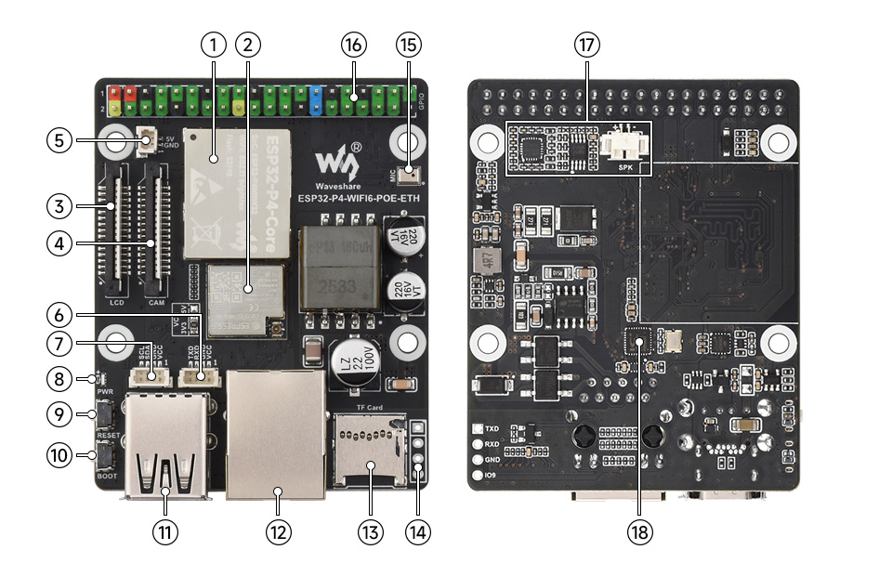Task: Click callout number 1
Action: tap(215, 44)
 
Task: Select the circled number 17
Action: tap(586, 44)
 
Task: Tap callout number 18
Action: tap(639, 532)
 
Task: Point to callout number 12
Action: tap(278, 532)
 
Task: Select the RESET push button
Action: tap(106, 412)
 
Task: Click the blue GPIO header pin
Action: tap(316, 98)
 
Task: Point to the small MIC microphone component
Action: tap(412, 173)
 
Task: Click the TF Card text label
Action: tap(370, 407)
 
